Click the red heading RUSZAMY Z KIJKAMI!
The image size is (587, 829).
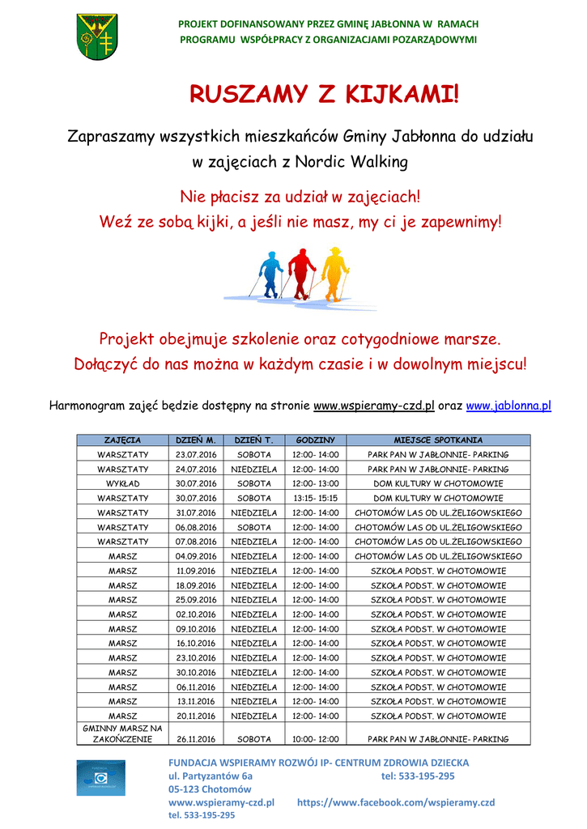323,95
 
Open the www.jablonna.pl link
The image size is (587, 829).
508,405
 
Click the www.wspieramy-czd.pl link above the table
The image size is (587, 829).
374,405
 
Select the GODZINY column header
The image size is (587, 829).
315,440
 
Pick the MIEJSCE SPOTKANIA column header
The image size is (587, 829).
438,440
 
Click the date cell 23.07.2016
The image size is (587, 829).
197,454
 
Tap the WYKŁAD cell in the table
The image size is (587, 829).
123,483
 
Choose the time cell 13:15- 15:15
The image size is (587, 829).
315,498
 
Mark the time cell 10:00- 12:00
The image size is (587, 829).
315,738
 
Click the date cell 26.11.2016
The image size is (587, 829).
197,738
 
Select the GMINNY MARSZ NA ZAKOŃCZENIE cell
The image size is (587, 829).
123,733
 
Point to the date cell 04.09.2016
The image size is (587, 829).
197,556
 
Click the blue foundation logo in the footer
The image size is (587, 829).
101,777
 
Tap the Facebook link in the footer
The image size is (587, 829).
396,802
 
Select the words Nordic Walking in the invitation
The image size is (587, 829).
351,162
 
